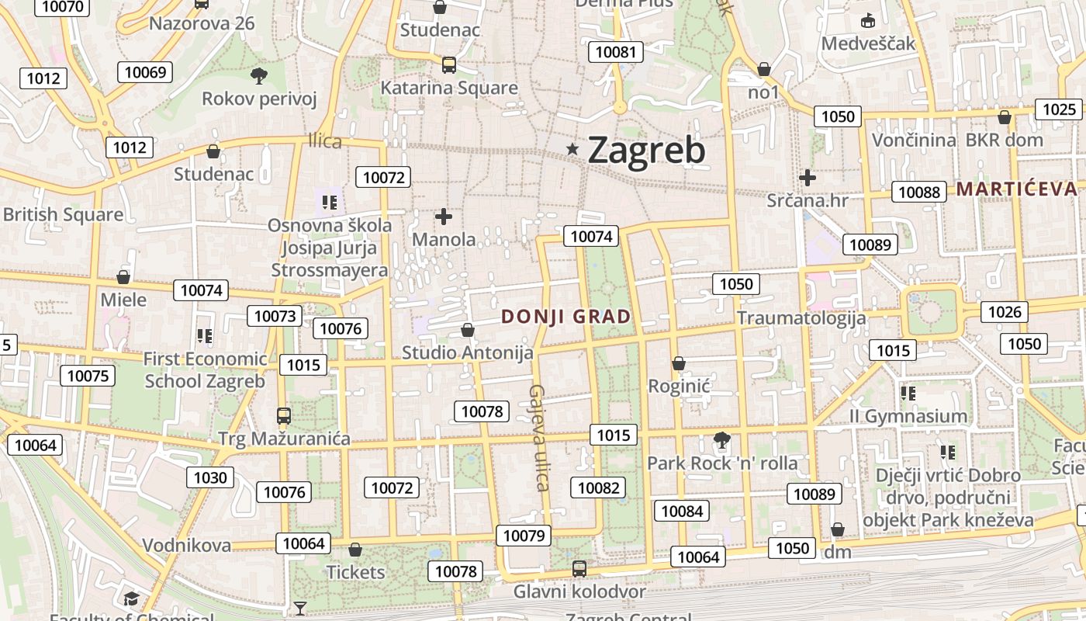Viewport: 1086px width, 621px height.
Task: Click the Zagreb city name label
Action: [646, 150]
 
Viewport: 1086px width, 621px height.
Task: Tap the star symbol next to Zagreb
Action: [573, 148]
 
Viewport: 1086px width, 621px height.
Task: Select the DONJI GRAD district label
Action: [566, 317]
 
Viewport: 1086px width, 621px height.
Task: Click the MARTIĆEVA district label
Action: [1016, 189]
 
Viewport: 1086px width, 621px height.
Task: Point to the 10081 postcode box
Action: [615, 52]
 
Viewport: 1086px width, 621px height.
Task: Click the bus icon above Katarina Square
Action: [448, 65]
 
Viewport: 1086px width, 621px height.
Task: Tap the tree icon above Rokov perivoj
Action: [259, 75]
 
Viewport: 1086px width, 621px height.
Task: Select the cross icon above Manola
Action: [444, 217]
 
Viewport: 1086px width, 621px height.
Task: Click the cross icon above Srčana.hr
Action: [808, 178]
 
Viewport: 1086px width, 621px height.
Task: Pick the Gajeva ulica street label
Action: [540, 438]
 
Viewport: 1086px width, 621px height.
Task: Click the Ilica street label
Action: [325, 141]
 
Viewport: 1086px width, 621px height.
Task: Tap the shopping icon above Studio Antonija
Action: [468, 331]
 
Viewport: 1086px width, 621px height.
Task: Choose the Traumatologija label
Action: [801, 317]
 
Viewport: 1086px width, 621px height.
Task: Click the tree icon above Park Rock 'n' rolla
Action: [722, 440]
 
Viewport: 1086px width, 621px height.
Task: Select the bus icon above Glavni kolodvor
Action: [579, 569]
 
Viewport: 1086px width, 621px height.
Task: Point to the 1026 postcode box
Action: [1005, 312]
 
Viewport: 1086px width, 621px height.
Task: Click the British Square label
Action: [63, 214]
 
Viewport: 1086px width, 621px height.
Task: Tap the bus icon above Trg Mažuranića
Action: [284, 416]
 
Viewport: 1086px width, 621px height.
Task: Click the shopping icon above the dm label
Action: [837, 530]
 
